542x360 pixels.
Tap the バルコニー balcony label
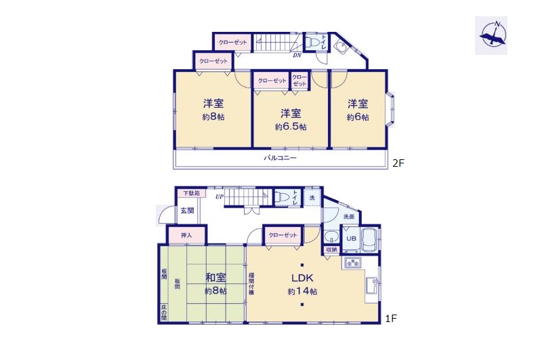tap(280, 158)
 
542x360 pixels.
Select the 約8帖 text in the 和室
tap(215, 291)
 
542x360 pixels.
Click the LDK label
tap(301, 278)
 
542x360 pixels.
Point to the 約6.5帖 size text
tap(291, 127)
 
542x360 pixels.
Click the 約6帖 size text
tap(358, 117)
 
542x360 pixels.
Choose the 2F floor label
tap(398, 163)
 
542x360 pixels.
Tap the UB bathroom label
tap(351, 239)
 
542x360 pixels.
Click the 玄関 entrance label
tap(188, 210)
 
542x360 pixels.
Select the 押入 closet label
tap(187, 235)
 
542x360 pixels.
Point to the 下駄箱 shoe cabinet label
tap(190, 193)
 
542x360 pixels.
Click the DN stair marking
tap(297, 56)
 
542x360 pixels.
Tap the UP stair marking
tap(219, 197)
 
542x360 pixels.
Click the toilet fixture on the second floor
tap(312, 42)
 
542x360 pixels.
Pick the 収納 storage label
tap(331, 249)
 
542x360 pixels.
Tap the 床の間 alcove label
tap(164, 312)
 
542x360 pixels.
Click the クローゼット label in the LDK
tap(283, 235)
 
